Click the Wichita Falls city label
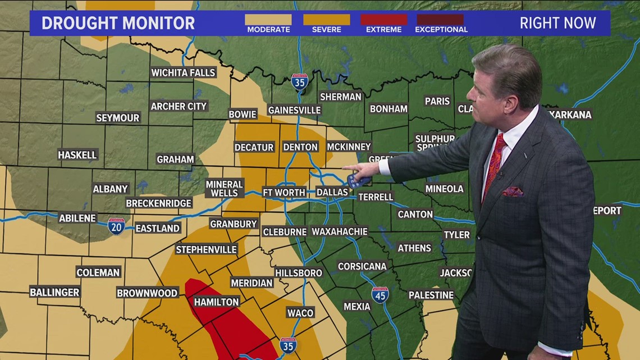coord(183,72)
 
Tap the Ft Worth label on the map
coord(284,192)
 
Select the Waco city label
coord(300,313)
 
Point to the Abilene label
coord(77,218)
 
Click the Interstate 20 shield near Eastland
coord(116,226)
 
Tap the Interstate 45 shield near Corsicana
coord(380,295)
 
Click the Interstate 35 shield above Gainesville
coord(300,82)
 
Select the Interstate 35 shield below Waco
coord(288,345)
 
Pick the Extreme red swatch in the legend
coord(383,20)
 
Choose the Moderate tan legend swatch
coord(268,20)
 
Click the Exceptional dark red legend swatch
coord(441,20)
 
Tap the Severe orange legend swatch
coord(326,20)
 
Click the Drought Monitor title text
coord(118,24)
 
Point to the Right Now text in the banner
coord(557,23)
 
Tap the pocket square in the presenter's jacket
coord(512,192)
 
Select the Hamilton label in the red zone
coord(216,302)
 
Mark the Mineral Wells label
coord(225,189)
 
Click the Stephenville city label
coord(207,249)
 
